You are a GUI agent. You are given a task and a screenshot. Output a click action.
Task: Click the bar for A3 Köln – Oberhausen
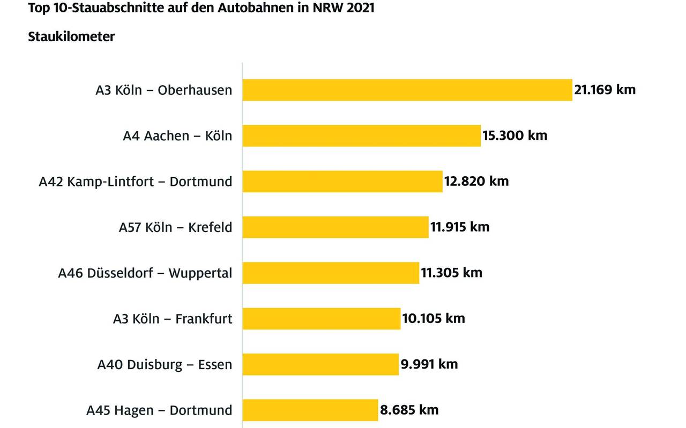click(x=407, y=90)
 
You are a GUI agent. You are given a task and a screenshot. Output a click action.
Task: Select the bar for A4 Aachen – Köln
click(x=362, y=136)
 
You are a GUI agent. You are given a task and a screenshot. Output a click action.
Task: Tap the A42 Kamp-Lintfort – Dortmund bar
click(x=342, y=181)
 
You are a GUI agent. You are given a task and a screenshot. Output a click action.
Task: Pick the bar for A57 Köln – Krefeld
click(x=335, y=227)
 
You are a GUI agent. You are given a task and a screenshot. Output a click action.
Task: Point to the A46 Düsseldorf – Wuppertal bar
click(x=331, y=273)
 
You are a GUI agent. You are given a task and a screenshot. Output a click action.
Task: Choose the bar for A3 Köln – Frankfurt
click(x=322, y=319)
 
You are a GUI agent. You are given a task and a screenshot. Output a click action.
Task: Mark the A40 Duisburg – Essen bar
click(x=320, y=364)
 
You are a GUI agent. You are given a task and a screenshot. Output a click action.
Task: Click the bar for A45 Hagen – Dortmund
click(x=310, y=410)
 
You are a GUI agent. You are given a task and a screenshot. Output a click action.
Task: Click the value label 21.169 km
click(x=605, y=89)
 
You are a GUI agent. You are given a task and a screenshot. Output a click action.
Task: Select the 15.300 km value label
click(x=515, y=135)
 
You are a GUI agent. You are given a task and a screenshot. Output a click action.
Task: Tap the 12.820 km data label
click(x=476, y=181)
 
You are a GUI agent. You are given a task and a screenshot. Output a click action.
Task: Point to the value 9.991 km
click(x=429, y=364)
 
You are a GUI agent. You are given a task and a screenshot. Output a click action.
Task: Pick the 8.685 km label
click(x=409, y=410)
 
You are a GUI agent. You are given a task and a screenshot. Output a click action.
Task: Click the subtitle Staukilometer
click(x=71, y=37)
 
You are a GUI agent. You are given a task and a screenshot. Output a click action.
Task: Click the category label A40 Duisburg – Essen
click(x=165, y=365)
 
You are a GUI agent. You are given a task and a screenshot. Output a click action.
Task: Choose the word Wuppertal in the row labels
click(x=200, y=273)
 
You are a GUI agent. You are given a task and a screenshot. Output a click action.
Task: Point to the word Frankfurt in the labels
click(x=204, y=319)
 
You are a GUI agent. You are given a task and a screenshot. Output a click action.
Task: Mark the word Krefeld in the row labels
click(x=210, y=227)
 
